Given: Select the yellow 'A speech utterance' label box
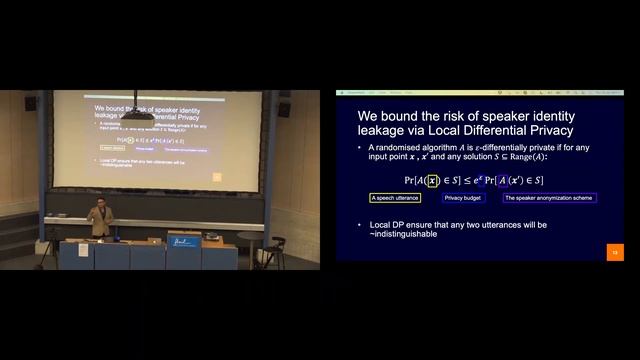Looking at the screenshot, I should pyautogui.click(x=395, y=198).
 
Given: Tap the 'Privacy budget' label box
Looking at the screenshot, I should pyautogui.click(x=463, y=198).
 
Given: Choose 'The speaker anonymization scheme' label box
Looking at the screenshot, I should pyautogui.click(x=549, y=198).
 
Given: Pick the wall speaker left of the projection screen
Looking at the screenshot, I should pyautogui.click(x=31, y=103).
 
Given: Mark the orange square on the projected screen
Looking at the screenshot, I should pyautogui.click(x=217, y=177).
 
